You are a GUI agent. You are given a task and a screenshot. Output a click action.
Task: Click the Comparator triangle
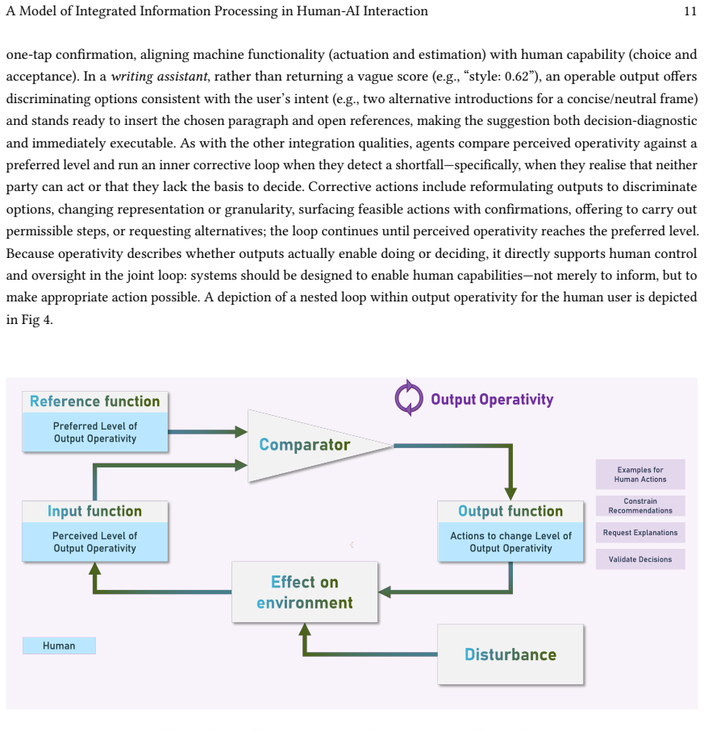pyautogui.click(x=308, y=445)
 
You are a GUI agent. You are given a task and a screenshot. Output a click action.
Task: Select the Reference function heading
pyautogui.click(x=94, y=401)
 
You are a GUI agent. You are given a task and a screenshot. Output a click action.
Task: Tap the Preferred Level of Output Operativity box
pyautogui.click(x=94, y=432)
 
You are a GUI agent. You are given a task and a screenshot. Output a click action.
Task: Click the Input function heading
pyautogui.click(x=94, y=512)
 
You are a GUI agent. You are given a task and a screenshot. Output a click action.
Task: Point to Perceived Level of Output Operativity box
pyautogui.click(x=94, y=542)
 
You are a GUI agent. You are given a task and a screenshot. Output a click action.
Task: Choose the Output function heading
pyautogui.click(x=510, y=512)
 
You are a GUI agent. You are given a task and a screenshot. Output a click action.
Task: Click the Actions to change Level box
pyautogui.click(x=510, y=542)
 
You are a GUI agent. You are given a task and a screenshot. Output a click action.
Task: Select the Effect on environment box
pyautogui.click(x=305, y=592)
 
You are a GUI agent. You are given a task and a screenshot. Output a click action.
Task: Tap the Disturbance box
pyautogui.click(x=510, y=654)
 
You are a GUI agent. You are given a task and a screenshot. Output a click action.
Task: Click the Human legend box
pyautogui.click(x=59, y=646)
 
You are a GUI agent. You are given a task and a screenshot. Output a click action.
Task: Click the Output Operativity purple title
pyautogui.click(x=492, y=400)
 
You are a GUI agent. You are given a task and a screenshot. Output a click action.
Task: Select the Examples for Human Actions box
pyautogui.click(x=640, y=474)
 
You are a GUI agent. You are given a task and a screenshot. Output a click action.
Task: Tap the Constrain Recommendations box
pyautogui.click(x=640, y=506)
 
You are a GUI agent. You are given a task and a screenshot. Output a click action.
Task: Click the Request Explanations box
pyautogui.click(x=640, y=533)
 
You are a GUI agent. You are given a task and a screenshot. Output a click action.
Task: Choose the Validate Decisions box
pyautogui.click(x=640, y=559)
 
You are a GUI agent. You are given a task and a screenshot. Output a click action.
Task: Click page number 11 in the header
pyautogui.click(x=690, y=11)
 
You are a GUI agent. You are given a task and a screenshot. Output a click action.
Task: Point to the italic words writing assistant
pyautogui.click(x=159, y=76)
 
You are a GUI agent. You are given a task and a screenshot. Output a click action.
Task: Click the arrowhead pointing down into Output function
pyautogui.click(x=510, y=494)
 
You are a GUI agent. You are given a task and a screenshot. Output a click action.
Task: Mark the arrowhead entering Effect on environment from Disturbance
pyautogui.click(x=305, y=629)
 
